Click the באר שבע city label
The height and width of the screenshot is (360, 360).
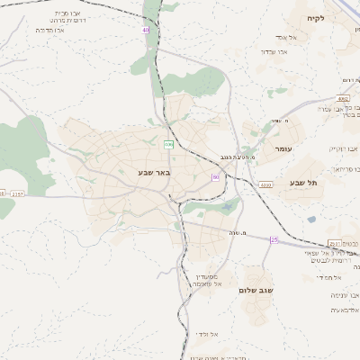coord(154,172)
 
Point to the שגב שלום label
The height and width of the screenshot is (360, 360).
coord(256,290)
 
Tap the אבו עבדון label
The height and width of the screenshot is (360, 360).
coord(274,51)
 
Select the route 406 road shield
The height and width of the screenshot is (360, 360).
coord(168,144)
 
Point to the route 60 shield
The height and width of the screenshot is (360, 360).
coord(216,177)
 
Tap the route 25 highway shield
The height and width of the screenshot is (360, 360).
coord(274,240)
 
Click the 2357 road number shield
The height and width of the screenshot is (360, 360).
coord(19,193)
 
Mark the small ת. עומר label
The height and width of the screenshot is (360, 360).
coord(269,121)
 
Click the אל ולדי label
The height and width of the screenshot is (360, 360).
coord(208,334)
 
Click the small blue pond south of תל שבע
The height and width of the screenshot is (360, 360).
coord(311,219)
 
